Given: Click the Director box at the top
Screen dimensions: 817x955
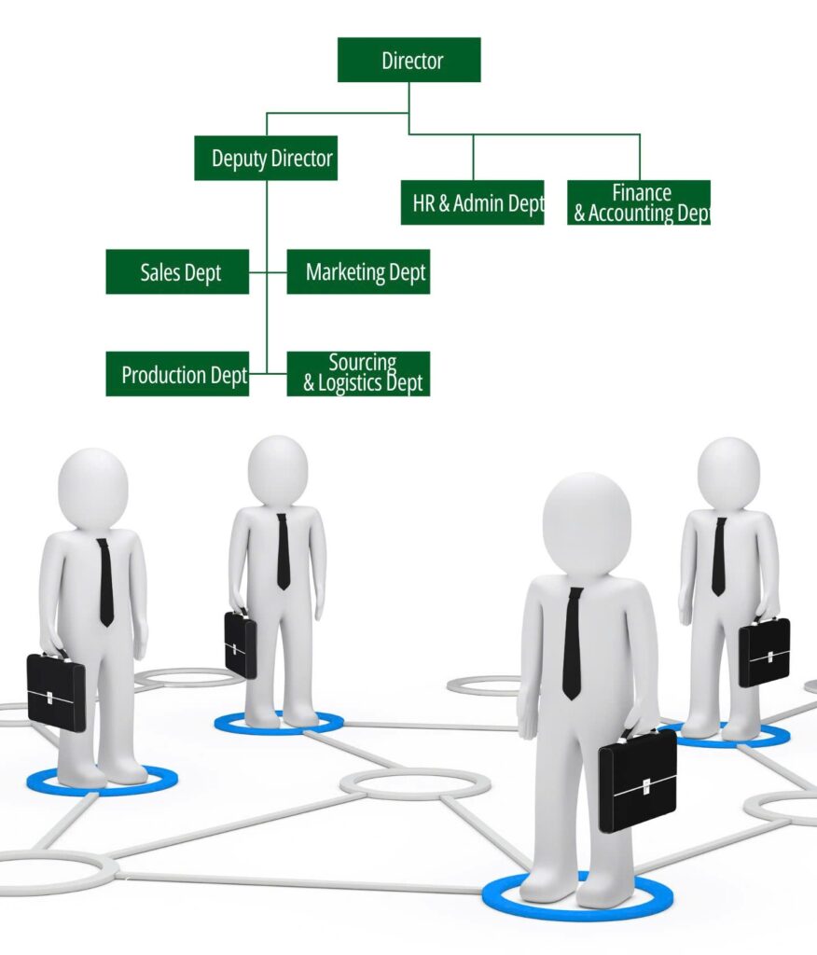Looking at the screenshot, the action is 408,60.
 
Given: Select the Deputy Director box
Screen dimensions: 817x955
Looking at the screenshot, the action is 266,158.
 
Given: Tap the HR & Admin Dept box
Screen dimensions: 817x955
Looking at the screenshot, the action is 472,202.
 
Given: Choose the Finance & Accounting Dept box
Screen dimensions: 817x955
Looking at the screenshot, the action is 639,202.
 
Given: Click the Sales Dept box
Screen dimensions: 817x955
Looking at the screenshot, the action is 177,271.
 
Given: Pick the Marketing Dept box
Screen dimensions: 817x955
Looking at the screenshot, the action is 358,271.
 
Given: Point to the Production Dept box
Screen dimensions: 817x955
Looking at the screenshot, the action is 177,374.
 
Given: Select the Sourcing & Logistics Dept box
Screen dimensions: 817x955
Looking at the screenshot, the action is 358,374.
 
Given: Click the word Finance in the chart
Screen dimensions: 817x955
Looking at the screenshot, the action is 642,192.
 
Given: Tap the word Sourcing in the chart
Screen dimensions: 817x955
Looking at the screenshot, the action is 363,363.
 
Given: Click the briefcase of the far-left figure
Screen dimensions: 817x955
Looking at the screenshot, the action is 56,691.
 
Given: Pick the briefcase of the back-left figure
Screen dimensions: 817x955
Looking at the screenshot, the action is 240,644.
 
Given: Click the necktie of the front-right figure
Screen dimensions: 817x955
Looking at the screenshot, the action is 572,644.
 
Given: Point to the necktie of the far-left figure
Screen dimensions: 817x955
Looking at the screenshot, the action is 105,582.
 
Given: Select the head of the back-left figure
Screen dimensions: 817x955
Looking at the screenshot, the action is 278,470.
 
